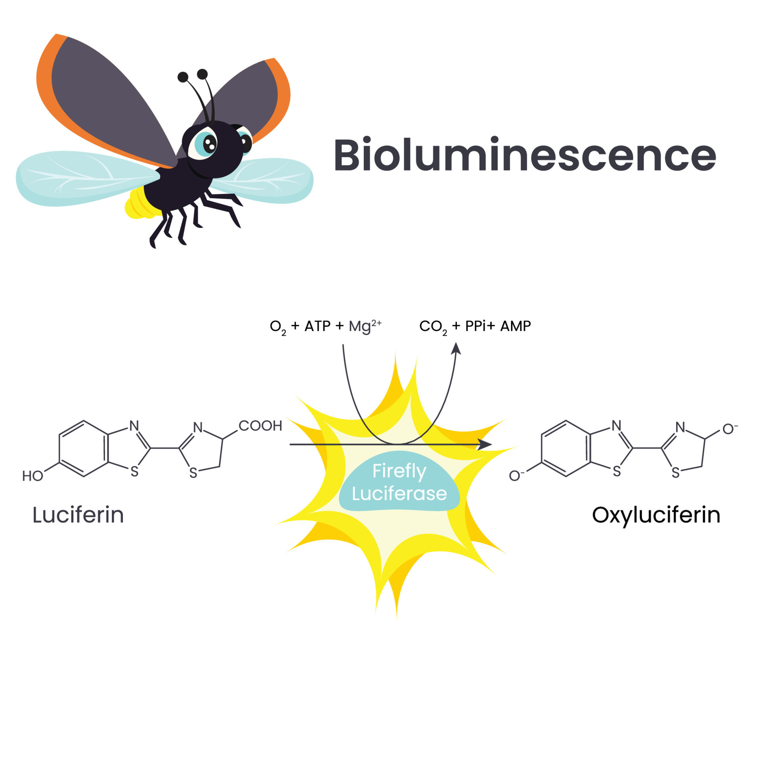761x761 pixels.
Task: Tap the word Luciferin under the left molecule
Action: pyautogui.click(x=78, y=515)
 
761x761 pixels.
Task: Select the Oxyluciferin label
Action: pyautogui.click(x=656, y=515)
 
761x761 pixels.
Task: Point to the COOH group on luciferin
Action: pyautogui.click(x=260, y=426)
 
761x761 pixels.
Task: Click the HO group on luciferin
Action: pyautogui.click(x=33, y=476)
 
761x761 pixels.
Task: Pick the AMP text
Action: pyautogui.click(x=515, y=326)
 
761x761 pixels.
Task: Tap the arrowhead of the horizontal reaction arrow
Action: pyautogui.click(x=486, y=444)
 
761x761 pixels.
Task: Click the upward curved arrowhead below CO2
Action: pyautogui.click(x=456, y=348)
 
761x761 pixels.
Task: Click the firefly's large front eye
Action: pyautogui.click(x=205, y=143)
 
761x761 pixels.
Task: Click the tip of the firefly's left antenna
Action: pyautogui.click(x=182, y=77)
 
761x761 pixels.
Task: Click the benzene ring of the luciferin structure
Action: pyautogui.click(x=84, y=448)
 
